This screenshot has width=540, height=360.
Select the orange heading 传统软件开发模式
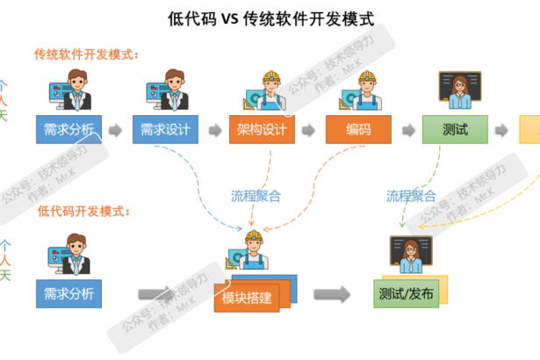[87, 54]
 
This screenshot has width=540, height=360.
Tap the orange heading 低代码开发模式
[83, 212]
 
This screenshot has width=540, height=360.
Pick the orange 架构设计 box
[262, 130]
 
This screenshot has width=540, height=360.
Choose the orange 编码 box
[358, 130]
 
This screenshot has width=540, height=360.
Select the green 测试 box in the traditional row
[455, 130]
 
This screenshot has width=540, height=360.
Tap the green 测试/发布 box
[405, 293]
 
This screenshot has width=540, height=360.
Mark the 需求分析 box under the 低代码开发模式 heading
[68, 293]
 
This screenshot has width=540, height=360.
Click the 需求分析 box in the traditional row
[68, 130]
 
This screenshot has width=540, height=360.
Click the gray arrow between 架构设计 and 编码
[310, 131]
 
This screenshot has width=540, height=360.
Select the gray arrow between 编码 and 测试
[407, 131]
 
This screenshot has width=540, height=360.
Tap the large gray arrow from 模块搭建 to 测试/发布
[333, 293]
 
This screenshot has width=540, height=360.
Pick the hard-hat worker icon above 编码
[358, 90]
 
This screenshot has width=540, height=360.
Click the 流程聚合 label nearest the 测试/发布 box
[412, 196]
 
